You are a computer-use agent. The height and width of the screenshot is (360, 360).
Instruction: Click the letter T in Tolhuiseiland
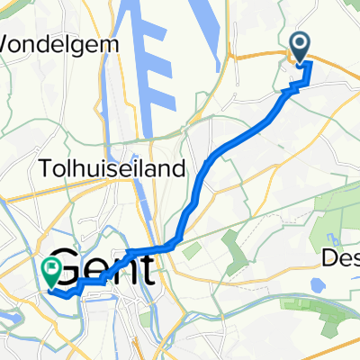coord(45,168)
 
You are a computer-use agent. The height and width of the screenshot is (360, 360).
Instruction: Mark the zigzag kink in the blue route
coord(292,87)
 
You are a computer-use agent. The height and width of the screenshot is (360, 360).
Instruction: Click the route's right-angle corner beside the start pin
coord(310,64)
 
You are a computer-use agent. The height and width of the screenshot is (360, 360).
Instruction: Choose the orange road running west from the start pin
coord(261,56)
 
